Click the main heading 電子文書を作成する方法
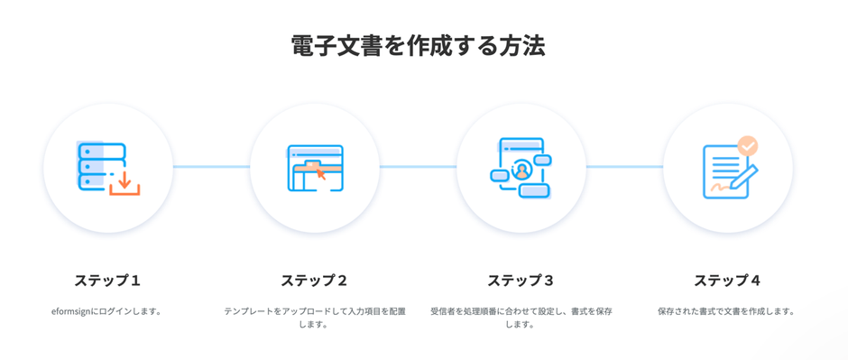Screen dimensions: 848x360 pyautogui.click(x=418, y=46)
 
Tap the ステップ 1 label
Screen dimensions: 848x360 pyautogui.click(x=107, y=281)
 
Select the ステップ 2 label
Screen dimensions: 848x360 pyautogui.click(x=314, y=281)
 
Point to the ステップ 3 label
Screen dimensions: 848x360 pyautogui.click(x=521, y=281)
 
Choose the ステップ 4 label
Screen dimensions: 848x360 pyautogui.click(x=727, y=281)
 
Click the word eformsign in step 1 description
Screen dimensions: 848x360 pyautogui.click(x=73, y=311)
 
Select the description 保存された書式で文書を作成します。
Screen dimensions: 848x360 pyautogui.click(x=727, y=311)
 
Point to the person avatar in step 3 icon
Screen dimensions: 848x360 pyautogui.click(x=521, y=169)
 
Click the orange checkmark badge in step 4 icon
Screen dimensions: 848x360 pyautogui.click(x=748, y=145)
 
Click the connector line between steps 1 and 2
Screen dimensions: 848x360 pyautogui.click(x=211, y=166)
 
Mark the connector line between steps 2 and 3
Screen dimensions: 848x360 pyautogui.click(x=418, y=166)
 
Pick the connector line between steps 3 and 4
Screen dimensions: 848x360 pyautogui.click(x=624, y=166)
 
